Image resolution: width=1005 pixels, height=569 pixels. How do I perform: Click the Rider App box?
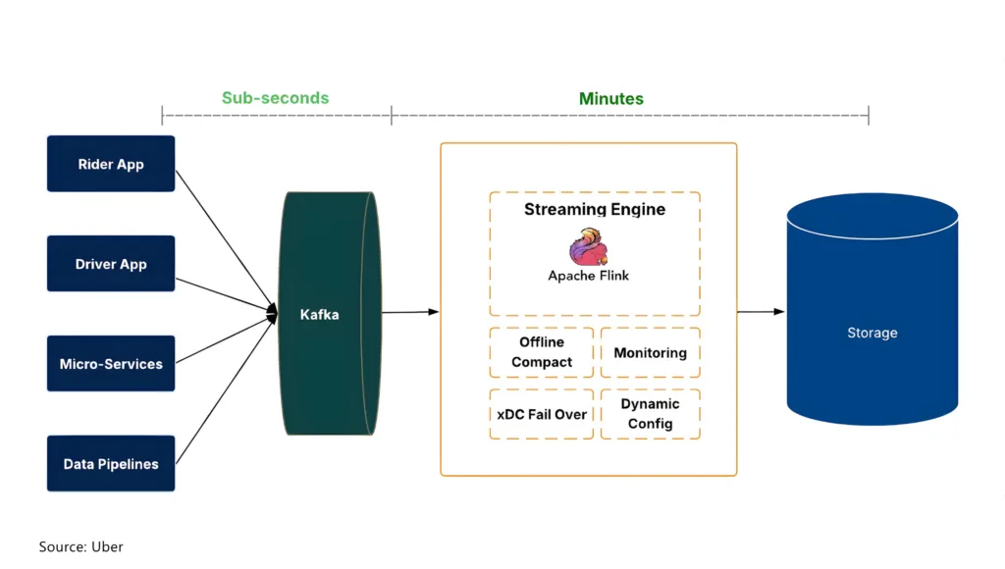[x=111, y=164]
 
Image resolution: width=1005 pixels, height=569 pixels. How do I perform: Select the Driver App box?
[x=111, y=264]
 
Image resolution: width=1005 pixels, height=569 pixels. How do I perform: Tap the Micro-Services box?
[x=111, y=364]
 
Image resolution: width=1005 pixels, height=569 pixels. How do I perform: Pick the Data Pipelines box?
[x=111, y=464]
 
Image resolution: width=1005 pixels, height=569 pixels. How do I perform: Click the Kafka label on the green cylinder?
[x=319, y=315]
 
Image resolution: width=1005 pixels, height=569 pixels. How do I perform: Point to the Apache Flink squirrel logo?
[x=588, y=247]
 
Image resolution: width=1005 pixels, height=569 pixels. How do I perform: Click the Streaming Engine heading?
[x=594, y=209]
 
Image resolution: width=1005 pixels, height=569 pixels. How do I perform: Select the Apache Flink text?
[x=588, y=276]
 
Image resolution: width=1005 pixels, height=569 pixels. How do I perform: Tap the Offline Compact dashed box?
[x=542, y=352]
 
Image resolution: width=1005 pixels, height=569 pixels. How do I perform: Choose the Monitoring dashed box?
[x=650, y=352]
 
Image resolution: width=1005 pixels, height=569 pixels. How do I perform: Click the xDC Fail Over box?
[x=542, y=414]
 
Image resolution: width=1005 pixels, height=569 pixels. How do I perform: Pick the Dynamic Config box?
[x=650, y=414]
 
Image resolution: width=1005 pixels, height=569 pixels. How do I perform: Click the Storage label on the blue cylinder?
[x=872, y=334]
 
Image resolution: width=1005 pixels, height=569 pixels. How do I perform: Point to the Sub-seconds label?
[x=275, y=98]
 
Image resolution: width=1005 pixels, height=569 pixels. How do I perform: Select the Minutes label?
[x=610, y=98]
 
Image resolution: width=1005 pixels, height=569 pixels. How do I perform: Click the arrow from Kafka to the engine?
[x=409, y=312]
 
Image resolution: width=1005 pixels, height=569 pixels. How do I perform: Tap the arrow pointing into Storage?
[x=761, y=312]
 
